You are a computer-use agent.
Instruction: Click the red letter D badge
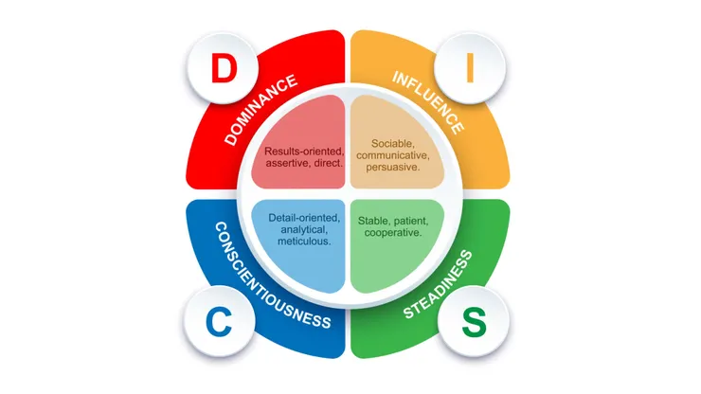(223, 68)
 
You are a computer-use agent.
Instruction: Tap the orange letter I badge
(470, 68)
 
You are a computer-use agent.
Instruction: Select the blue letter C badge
(219, 322)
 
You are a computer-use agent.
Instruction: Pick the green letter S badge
(474, 322)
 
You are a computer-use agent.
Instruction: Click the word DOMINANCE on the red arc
(261, 110)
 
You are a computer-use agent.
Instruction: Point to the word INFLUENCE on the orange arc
(428, 102)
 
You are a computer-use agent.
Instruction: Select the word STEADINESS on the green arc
(438, 285)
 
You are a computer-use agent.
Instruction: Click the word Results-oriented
(304, 152)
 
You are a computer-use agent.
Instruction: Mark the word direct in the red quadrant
(329, 163)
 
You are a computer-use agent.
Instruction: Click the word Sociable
(393, 144)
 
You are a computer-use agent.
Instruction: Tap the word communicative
(393, 155)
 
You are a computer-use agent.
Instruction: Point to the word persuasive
(393, 168)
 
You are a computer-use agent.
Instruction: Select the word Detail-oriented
(304, 218)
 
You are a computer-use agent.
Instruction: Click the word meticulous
(304, 242)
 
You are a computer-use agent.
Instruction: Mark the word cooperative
(393, 233)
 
